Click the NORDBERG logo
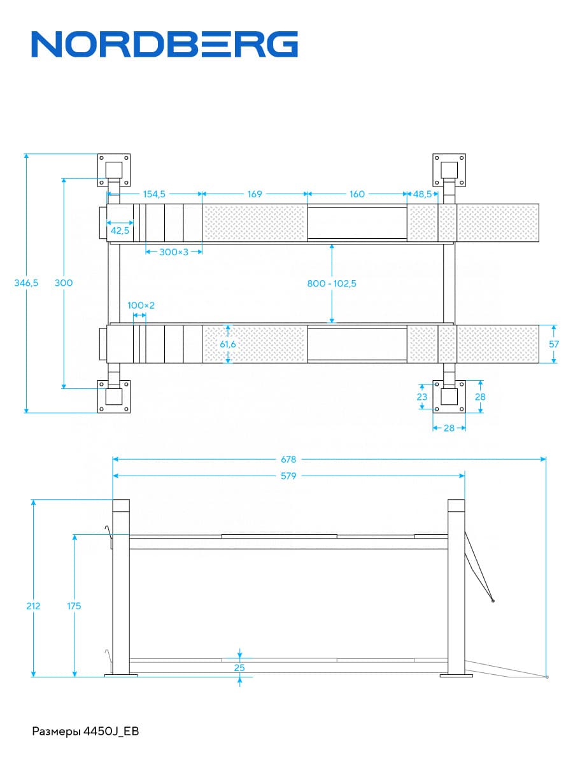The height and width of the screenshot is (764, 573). click(164, 45)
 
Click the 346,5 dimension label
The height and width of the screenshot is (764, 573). click(27, 283)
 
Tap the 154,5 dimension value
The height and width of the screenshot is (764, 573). click(154, 194)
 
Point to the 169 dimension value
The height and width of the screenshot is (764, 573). click(255, 194)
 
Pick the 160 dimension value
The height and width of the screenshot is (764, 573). click(357, 194)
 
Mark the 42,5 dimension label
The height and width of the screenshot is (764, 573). click(120, 230)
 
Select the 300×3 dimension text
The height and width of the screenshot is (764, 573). click(174, 252)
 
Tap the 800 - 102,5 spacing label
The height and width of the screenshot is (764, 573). click(332, 283)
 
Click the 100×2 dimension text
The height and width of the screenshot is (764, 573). click(141, 306)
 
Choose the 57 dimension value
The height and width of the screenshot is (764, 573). click(555, 344)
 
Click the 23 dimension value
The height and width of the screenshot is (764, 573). click(421, 397)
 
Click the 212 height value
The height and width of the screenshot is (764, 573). click(33, 606)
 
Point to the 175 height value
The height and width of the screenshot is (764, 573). click(74, 606)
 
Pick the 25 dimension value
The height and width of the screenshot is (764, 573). click(239, 668)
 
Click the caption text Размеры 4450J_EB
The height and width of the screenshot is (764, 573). click(85, 732)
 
